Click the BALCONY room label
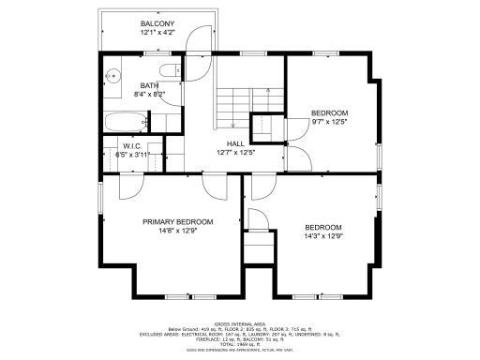click(x=157, y=23)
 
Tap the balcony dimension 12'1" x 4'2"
click(x=157, y=33)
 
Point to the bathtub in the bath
click(x=125, y=121)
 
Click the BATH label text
click(x=124, y=85)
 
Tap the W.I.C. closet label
click(x=131, y=145)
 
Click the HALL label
click(x=235, y=142)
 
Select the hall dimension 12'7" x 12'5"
click(x=235, y=152)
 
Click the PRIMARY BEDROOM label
click(x=177, y=222)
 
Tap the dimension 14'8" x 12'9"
click(x=177, y=232)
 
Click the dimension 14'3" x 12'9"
click(x=322, y=237)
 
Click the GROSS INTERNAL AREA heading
click(x=240, y=322)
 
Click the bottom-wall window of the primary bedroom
click(x=177, y=296)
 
